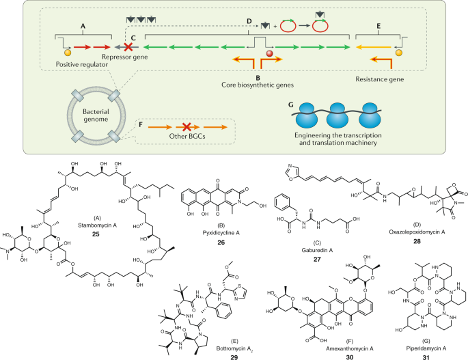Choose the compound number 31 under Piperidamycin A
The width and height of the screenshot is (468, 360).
coord(424,348)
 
